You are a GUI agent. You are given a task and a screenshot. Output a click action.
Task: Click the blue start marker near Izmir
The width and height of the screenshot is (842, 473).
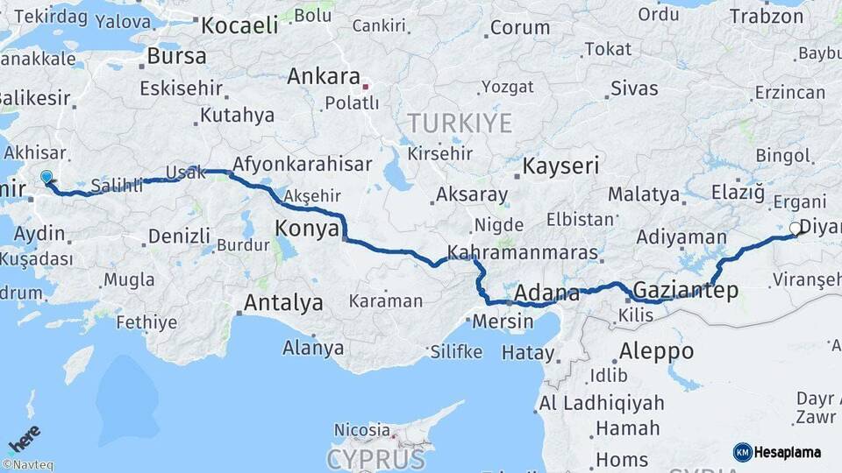click(x=46, y=178)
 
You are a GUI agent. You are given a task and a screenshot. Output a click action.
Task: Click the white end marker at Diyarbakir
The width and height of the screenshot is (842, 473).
click(x=795, y=229)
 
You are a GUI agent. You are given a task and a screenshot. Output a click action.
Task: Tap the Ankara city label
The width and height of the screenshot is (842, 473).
click(x=324, y=76)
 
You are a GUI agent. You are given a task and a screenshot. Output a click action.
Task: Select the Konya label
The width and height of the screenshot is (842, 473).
click(x=307, y=229)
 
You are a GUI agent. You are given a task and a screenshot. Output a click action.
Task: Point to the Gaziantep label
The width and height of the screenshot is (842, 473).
click(x=685, y=290)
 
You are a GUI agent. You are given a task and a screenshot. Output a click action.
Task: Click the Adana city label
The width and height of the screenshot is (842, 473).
click(x=547, y=293)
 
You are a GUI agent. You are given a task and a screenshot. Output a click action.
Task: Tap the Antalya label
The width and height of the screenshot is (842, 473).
click(x=283, y=303)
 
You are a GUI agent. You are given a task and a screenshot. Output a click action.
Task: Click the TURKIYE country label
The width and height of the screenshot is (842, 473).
click(x=458, y=124)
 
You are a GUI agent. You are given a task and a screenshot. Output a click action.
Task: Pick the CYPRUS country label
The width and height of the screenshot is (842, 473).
click(x=375, y=458)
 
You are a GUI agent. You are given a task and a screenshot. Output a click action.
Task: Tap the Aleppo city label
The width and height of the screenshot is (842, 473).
click(x=656, y=351)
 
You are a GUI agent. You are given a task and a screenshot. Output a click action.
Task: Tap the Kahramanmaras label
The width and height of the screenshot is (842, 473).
click(x=523, y=253)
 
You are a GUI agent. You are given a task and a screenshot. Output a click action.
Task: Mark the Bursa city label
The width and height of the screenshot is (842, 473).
click(x=176, y=56)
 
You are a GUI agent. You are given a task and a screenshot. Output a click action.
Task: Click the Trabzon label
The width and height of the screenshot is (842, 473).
click(x=766, y=17)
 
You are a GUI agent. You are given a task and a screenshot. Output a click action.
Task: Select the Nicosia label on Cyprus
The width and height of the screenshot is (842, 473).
click(x=361, y=430)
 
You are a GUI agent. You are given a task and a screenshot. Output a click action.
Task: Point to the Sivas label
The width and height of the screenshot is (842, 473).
click(x=634, y=88)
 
